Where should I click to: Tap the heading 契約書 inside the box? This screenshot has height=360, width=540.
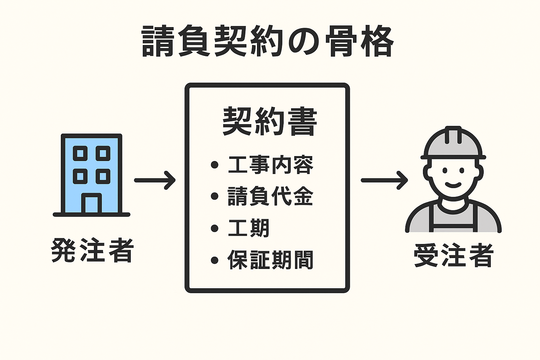pyautogui.click(x=270, y=122)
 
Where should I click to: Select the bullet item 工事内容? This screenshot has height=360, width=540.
pyautogui.click(x=270, y=165)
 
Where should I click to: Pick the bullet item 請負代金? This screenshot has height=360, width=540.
pyautogui.click(x=270, y=196)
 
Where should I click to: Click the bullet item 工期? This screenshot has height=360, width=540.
pyautogui.click(x=249, y=228)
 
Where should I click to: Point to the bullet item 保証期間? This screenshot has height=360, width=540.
pyautogui.click(x=270, y=260)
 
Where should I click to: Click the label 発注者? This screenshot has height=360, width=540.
pyautogui.click(x=92, y=250)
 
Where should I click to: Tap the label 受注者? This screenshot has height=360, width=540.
pyautogui.click(x=454, y=255)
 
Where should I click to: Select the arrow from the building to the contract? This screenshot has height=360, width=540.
pyautogui.click(x=155, y=180)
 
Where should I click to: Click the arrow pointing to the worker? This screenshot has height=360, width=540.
pyautogui.click(x=384, y=180)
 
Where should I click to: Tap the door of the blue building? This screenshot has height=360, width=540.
pyautogui.click(x=91, y=204)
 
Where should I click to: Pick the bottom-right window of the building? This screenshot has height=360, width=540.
pyautogui.click(x=103, y=176)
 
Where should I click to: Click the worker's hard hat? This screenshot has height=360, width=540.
pyautogui.click(x=453, y=143)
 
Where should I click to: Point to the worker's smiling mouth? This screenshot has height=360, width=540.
pyautogui.click(x=453, y=184)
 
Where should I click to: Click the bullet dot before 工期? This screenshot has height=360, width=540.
pyautogui.click(x=214, y=229)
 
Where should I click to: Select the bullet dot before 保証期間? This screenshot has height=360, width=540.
pyautogui.click(x=214, y=261)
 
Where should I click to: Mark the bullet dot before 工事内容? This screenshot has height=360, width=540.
pyautogui.click(x=214, y=165)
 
